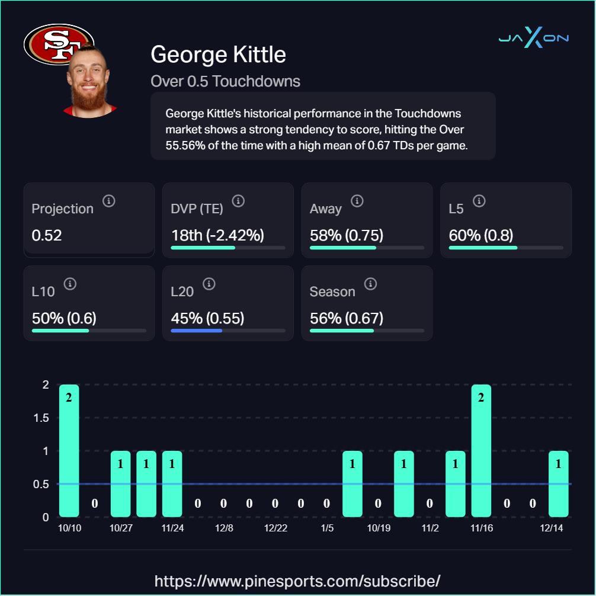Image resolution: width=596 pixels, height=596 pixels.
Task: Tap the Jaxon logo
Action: pos(533,39)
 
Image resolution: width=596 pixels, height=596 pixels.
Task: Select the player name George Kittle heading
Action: pos(218,55)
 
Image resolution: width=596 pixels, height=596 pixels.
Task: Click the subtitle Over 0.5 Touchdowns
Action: pos(225,81)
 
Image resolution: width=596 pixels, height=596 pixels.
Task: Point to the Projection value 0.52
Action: pos(47,235)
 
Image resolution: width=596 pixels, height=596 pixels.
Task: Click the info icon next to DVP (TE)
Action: pos(238,201)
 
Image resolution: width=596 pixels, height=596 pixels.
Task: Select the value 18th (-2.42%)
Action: pos(217,235)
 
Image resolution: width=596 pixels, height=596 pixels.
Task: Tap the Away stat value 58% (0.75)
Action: pos(347,235)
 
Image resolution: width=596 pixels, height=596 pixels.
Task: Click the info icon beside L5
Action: pos(479,201)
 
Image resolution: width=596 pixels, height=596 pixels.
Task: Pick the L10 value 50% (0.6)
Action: pos(64,318)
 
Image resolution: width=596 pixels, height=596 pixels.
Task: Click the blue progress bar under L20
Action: pos(196,331)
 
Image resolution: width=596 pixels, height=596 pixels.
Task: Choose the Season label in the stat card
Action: pos(332,291)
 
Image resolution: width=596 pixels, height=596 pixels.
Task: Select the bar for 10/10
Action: pos(69,450)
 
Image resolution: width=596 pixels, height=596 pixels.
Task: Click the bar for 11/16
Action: pos(481,450)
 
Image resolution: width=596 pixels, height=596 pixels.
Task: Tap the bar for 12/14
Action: pos(558,483)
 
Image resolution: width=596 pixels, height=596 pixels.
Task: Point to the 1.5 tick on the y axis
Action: pos(41,418)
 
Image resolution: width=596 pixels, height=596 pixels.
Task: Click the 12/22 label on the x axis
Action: pos(275,528)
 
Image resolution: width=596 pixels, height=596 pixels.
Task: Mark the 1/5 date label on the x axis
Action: pos(327,528)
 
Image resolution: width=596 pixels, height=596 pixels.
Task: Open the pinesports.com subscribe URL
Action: pos(297,580)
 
